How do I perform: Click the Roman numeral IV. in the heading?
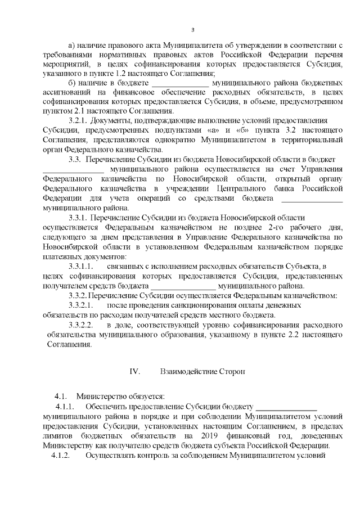pyautogui.click(x=134, y=372)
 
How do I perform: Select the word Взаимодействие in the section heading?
pyautogui.click(x=188, y=372)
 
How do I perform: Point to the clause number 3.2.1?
pyautogui.click(x=77, y=120)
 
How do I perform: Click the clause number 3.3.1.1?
pyautogui.click(x=80, y=265)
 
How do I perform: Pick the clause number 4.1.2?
pyautogui.click(x=60, y=455)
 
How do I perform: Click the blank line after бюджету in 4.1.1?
pyautogui.click(x=286, y=406)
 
